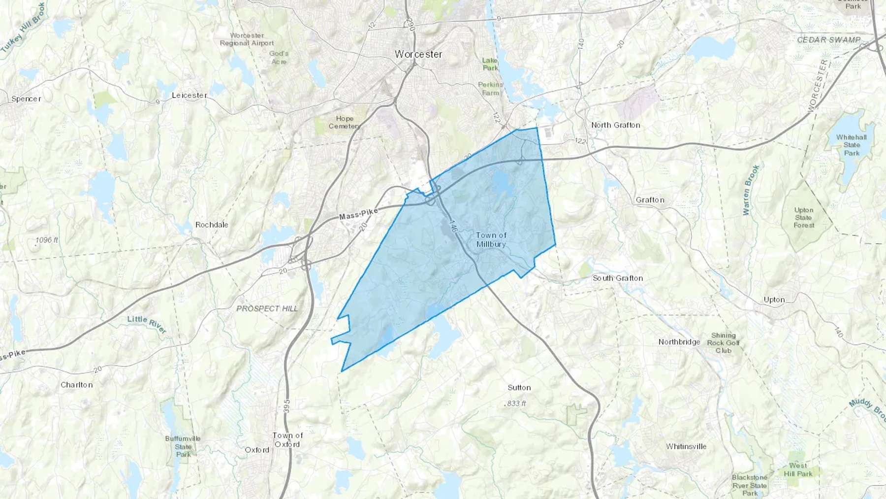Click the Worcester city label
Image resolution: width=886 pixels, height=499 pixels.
418,54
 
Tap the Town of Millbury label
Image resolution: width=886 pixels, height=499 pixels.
491,240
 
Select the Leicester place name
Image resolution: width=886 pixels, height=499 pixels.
190,95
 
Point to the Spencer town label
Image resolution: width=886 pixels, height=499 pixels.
26,99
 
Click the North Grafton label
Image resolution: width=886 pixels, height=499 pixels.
616,125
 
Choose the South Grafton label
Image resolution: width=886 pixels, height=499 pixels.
618,278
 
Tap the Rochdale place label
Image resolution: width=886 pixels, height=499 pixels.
212,225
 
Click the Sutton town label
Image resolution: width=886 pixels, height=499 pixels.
519,388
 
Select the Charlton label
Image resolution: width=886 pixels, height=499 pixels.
76,385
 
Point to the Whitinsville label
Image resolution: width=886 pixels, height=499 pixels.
686,447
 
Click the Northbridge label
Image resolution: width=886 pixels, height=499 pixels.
679,342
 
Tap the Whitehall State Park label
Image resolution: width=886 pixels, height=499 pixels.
852,145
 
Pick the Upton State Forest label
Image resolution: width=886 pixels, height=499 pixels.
804,218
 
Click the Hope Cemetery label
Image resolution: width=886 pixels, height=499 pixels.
345,122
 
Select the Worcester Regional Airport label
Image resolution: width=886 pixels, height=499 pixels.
247,39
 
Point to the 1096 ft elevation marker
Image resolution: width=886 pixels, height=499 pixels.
47,240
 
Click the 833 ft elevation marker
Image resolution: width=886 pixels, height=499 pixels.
516,403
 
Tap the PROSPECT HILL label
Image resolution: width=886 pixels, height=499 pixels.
267,309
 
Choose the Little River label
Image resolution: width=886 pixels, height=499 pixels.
147,324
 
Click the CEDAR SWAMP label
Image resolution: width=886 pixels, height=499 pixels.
829,40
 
